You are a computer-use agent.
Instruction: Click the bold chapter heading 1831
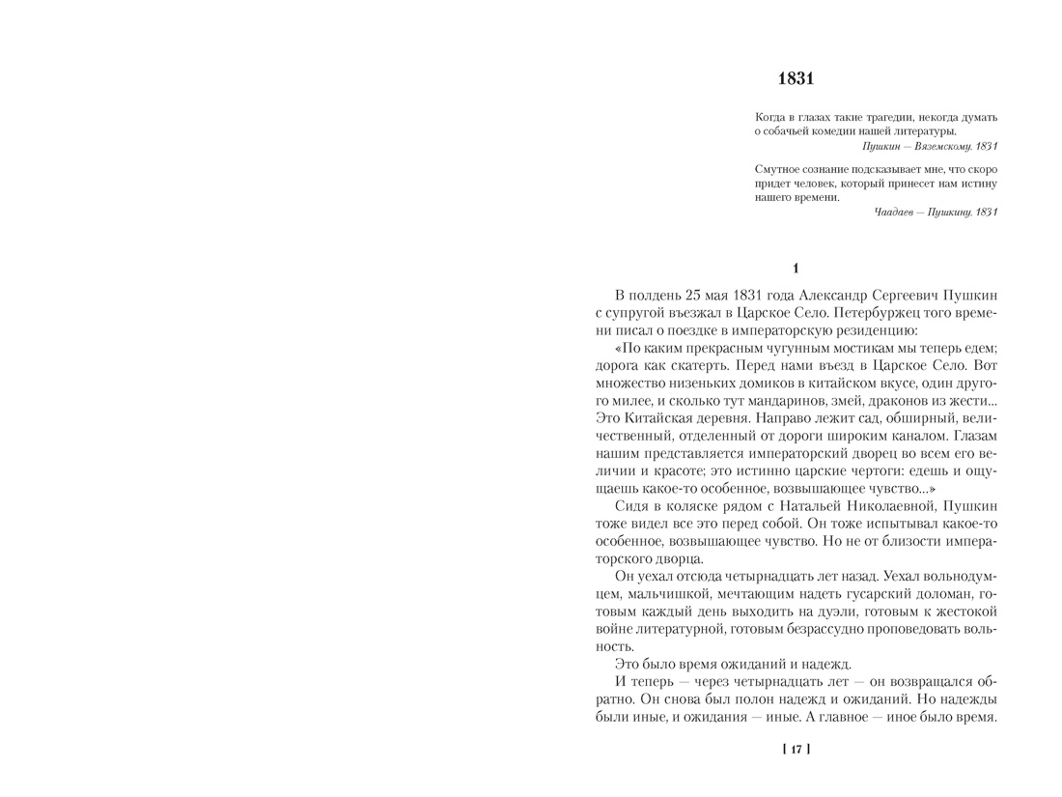tap(796, 77)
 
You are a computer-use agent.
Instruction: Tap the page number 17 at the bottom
tap(796, 749)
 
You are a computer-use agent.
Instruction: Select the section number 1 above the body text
tap(796, 269)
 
